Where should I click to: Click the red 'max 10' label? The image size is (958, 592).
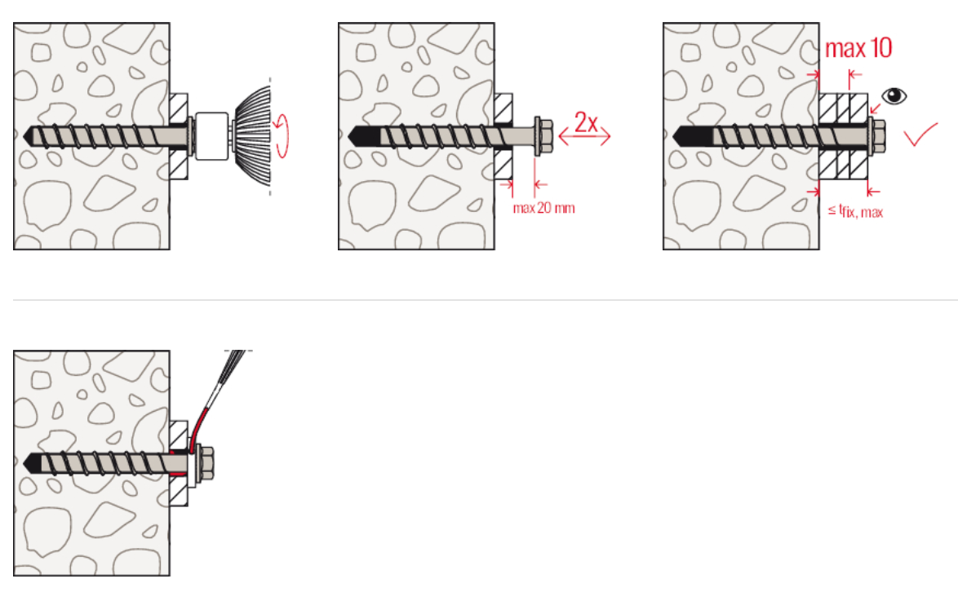point(858,48)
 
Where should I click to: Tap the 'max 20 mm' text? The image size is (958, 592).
point(543,208)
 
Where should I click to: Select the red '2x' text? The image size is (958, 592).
point(586,122)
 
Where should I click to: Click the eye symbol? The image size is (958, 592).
point(894,96)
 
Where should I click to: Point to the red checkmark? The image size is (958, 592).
point(920,135)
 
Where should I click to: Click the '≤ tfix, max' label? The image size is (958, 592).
point(855,211)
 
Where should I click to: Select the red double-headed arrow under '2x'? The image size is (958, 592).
point(585,137)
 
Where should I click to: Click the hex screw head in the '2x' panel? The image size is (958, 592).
point(543,135)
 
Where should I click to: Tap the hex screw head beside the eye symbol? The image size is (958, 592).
point(876,135)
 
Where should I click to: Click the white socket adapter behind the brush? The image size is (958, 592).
point(211,135)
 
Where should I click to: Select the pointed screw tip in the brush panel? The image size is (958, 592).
point(28,135)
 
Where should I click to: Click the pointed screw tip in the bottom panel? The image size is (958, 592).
point(28,463)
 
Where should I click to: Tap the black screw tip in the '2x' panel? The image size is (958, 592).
point(364,135)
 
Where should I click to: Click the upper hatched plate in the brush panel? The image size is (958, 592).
point(179,108)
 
